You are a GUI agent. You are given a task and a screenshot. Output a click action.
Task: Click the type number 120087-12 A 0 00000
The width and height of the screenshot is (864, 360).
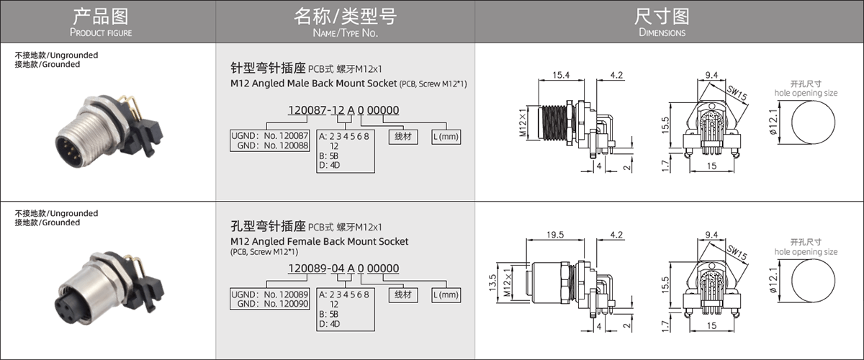point(343,110)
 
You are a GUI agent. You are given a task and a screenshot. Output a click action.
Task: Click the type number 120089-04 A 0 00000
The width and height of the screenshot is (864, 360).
point(343,269)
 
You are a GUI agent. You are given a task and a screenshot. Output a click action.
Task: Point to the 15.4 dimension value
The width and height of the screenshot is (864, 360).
point(561,75)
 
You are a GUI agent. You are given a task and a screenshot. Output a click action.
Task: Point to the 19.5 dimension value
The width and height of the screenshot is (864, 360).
point(554,235)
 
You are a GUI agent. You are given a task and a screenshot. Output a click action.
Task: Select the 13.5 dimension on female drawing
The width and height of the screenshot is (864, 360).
point(493,280)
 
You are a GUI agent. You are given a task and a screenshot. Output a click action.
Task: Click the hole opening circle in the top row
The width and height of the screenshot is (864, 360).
point(816,124)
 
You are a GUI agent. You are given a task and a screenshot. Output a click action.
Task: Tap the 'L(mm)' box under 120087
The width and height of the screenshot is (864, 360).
point(446,136)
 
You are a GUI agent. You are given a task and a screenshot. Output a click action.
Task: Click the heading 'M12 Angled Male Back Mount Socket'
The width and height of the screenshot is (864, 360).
point(314,84)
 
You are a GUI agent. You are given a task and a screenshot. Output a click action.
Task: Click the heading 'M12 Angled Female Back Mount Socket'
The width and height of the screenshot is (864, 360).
point(319,241)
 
